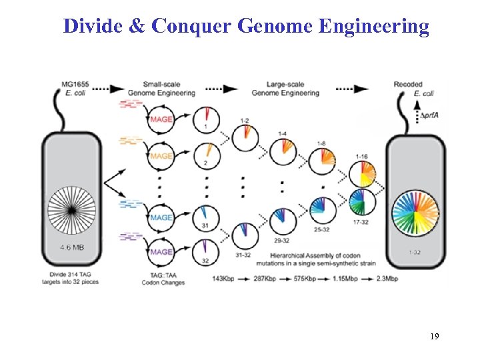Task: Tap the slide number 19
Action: click(x=434, y=337)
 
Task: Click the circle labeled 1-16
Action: click(x=363, y=175)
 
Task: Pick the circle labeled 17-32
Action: click(x=363, y=201)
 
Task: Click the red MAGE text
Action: click(x=161, y=119)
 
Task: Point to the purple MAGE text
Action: click(x=161, y=252)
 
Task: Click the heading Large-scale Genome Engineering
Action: click(x=293, y=89)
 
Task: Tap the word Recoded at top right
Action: click(x=407, y=85)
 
